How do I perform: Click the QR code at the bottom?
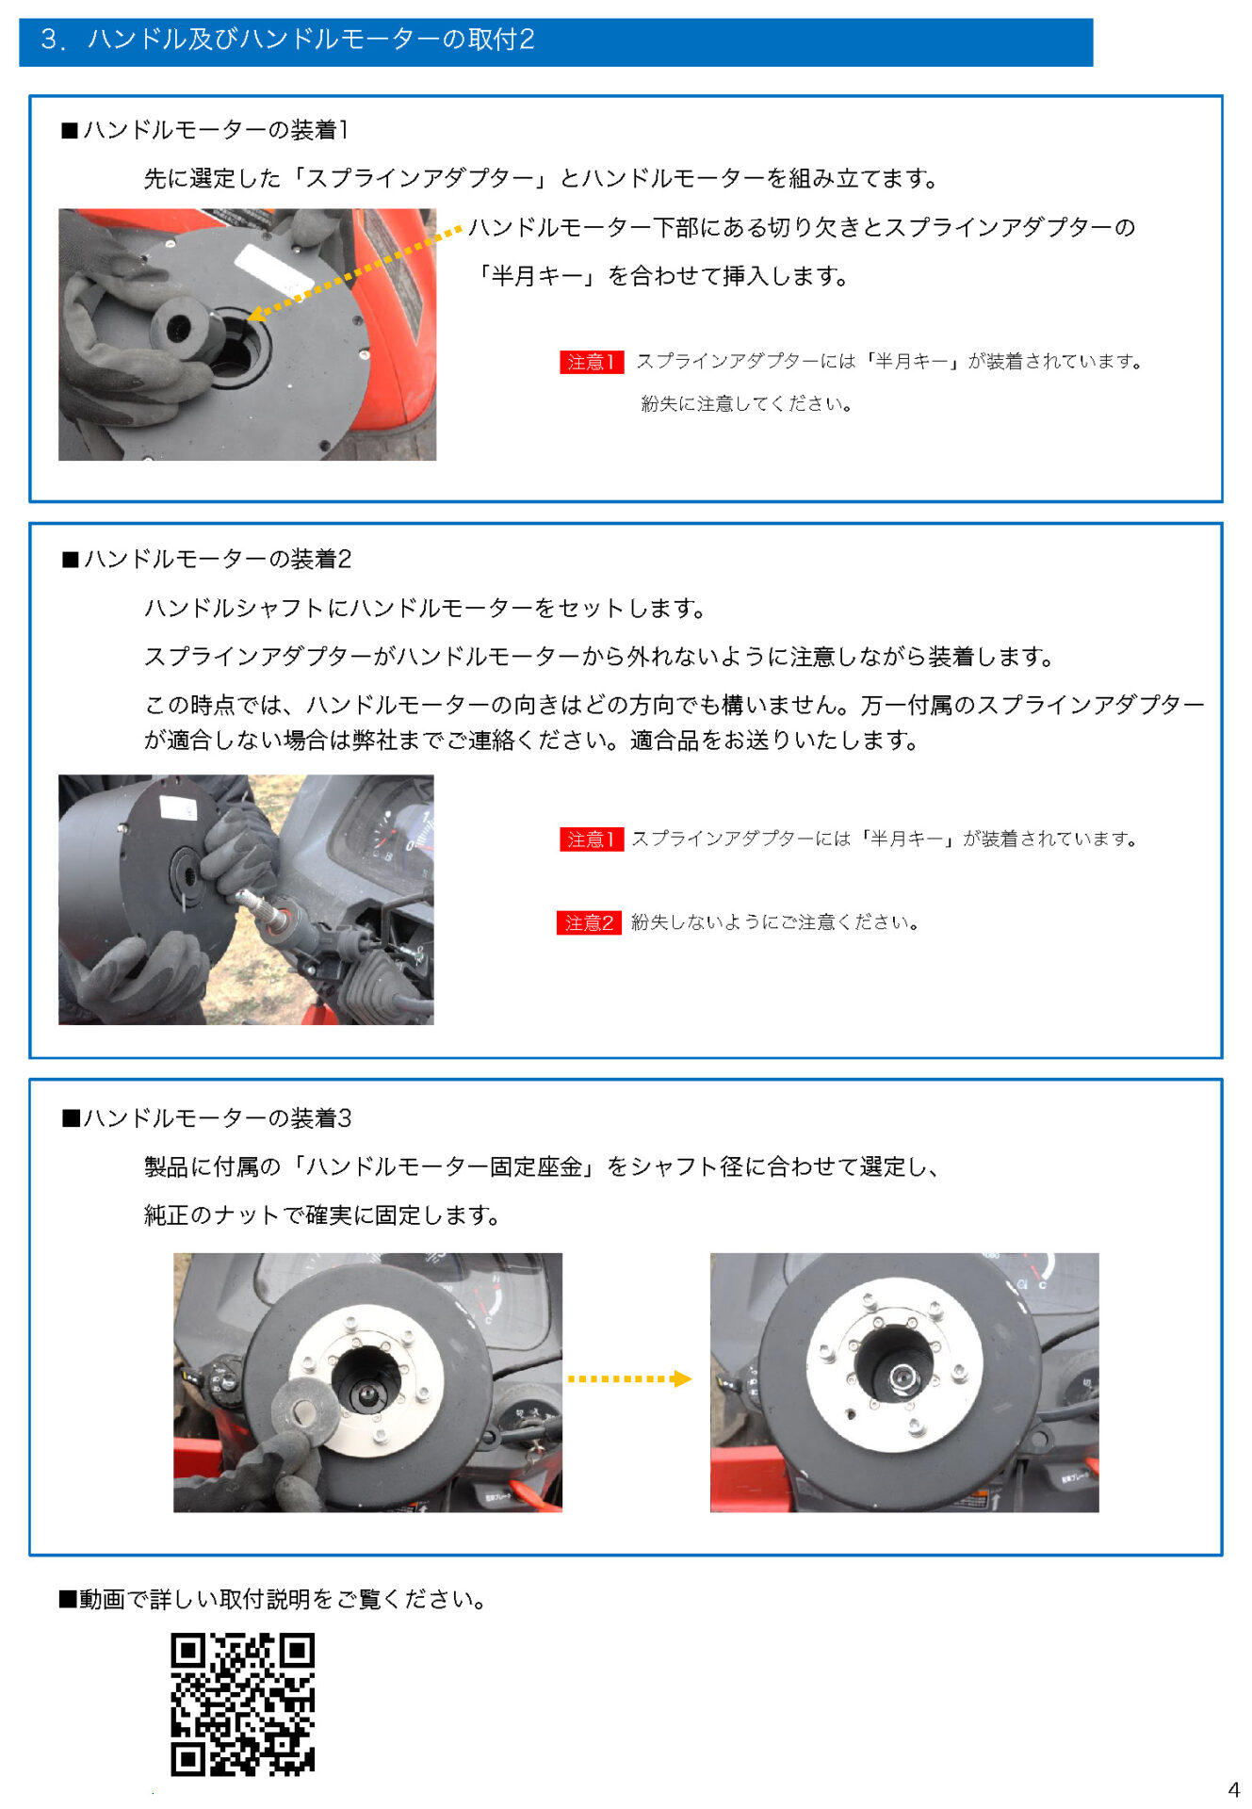pyautogui.click(x=242, y=1703)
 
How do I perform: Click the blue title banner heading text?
pyautogui.click(x=287, y=40)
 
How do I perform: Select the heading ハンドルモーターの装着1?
pyautogui.click(x=206, y=130)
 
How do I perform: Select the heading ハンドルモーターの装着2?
pyautogui.click(x=207, y=559)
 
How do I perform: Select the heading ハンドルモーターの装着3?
pyautogui.click(x=207, y=1117)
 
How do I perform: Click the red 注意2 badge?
pyautogui.click(x=589, y=922)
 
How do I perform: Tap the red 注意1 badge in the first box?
pyautogui.click(x=592, y=362)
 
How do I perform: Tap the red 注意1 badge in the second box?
pyautogui.click(x=592, y=839)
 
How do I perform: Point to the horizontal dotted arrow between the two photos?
pyautogui.click(x=628, y=1378)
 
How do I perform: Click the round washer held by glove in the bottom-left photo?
pyautogui.click(x=304, y=1411)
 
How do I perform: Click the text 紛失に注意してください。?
pyautogui.click(x=746, y=404)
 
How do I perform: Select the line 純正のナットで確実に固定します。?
pyautogui.click(x=322, y=1214)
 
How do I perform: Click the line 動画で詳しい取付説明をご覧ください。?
pyautogui.click(x=273, y=1598)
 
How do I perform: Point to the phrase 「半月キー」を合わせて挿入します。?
pyautogui.click(x=661, y=276)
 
